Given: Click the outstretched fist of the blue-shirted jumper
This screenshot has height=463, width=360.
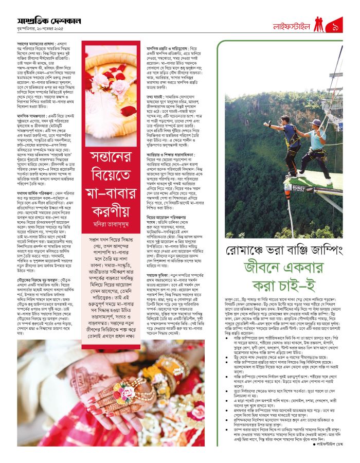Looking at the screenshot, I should (x=265, y=124).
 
